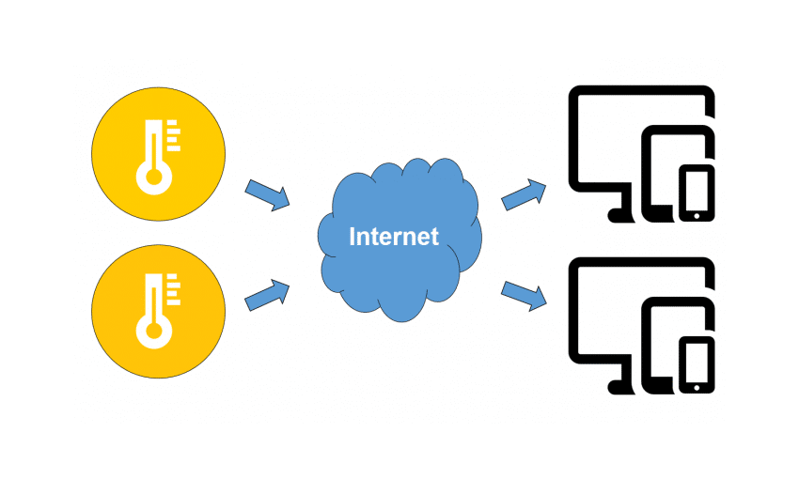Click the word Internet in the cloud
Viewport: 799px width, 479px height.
point(393,236)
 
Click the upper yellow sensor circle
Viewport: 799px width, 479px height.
point(158,154)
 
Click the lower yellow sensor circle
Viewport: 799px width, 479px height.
point(158,311)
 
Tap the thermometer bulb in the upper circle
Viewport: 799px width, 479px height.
point(149,175)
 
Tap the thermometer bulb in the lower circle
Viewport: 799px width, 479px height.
point(149,331)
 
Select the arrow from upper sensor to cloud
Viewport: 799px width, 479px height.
point(267,195)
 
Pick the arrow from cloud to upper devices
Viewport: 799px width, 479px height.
point(524,194)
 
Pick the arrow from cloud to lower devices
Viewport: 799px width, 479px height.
point(524,294)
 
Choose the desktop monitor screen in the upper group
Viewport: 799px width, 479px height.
point(611,141)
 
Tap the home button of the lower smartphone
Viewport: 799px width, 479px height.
point(697,386)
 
